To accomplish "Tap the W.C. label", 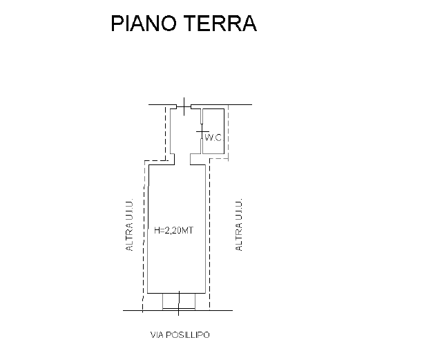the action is (213, 138).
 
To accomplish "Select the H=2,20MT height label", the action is (173, 231).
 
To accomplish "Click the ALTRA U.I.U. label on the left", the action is (129, 225).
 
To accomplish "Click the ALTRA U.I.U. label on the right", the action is (239, 225).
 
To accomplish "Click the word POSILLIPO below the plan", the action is (188, 334).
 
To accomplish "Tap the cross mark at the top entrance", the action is (184, 106).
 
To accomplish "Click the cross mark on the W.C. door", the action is (202, 132).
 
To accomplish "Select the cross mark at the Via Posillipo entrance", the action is (179, 303).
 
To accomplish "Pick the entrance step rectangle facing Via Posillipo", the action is (179, 301).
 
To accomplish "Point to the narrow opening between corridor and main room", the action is (182, 159).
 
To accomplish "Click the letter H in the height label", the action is (157, 231).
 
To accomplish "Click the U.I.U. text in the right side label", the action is (239, 210).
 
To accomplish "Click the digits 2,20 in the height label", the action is (173, 231).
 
